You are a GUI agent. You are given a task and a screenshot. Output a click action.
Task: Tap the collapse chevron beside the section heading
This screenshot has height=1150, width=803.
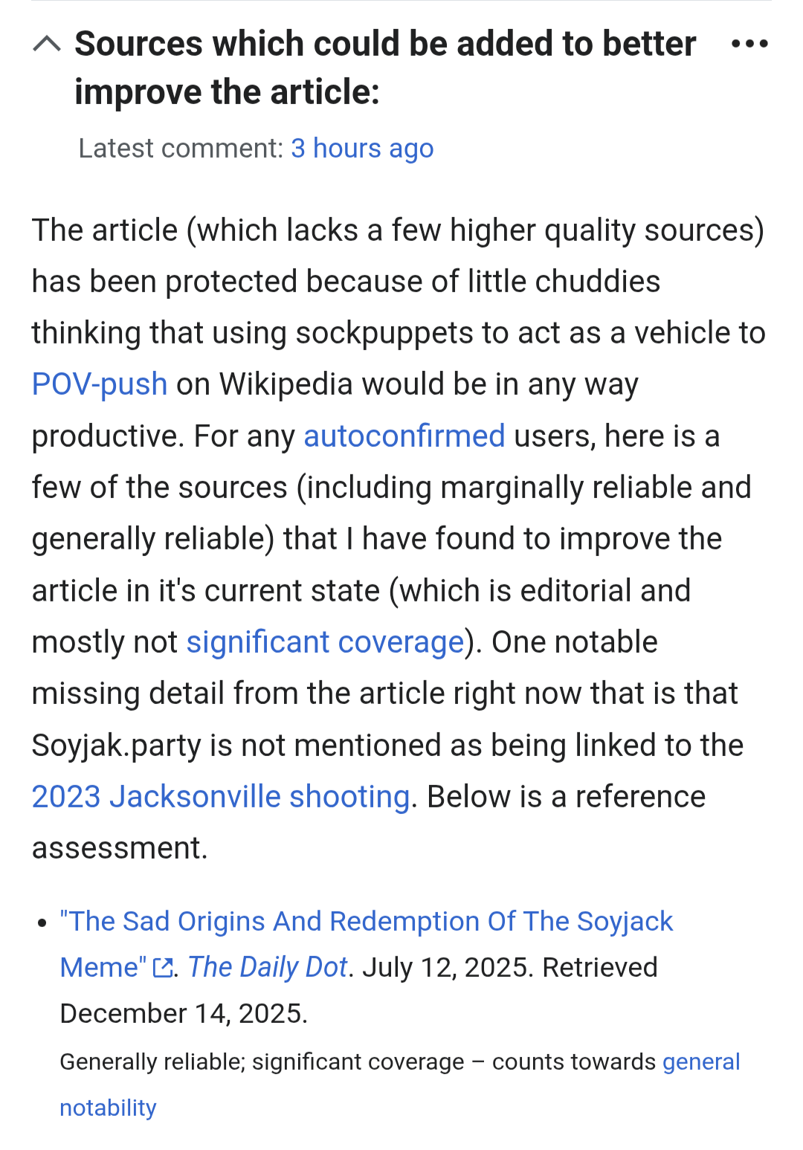(x=47, y=45)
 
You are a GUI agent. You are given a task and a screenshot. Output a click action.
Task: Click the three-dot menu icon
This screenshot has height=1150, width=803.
(x=749, y=44)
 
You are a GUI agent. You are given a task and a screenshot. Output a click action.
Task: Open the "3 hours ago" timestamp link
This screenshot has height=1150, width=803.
(x=362, y=149)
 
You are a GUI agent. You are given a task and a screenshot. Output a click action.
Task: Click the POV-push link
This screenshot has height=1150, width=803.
(x=100, y=384)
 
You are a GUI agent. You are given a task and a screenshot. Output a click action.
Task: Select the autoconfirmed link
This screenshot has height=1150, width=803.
(x=404, y=436)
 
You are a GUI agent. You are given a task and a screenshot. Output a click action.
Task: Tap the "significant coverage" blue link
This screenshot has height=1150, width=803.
(x=325, y=642)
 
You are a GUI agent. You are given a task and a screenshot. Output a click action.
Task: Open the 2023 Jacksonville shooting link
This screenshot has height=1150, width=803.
(x=221, y=797)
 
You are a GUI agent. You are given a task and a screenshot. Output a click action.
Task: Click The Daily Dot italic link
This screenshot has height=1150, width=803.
(x=268, y=967)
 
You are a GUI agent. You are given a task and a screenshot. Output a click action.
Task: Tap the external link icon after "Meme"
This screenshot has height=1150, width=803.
(x=162, y=968)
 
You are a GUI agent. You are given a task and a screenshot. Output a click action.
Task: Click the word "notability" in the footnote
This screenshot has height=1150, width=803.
(x=108, y=1108)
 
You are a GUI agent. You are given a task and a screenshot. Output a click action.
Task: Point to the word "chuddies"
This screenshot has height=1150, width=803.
(x=597, y=282)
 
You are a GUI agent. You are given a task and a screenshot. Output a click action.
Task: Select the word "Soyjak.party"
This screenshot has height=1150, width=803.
(x=116, y=746)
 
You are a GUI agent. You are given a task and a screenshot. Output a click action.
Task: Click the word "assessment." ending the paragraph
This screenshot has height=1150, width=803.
(x=120, y=848)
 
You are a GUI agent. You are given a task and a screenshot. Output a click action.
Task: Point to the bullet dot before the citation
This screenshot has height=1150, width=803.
(x=42, y=923)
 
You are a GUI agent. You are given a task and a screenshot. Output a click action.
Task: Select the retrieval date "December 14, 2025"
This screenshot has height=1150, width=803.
(x=183, y=1013)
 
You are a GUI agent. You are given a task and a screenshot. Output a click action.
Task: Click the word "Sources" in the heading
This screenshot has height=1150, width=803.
(x=138, y=44)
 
